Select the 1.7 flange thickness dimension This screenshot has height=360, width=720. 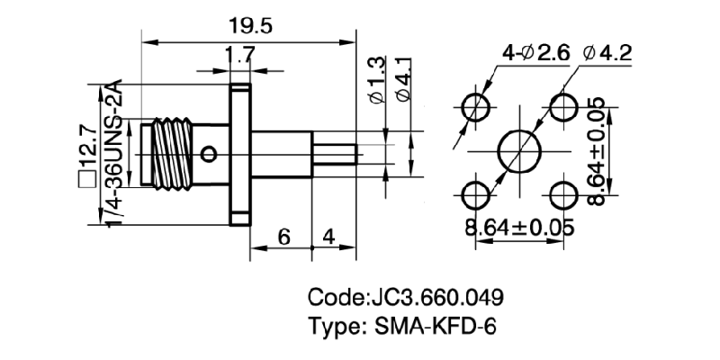(238, 56)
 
